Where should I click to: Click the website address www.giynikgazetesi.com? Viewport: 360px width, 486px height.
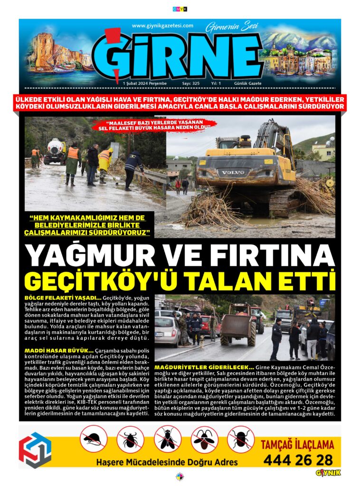point(162,26)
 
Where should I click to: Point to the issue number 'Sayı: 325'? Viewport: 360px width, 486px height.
point(191,83)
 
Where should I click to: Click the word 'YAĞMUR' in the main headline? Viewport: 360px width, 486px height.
point(90,256)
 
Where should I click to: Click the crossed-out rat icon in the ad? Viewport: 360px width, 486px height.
point(94,439)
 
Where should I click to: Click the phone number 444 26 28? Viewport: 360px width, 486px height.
point(298,459)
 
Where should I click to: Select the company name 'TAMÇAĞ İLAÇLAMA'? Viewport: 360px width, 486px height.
point(298,445)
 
